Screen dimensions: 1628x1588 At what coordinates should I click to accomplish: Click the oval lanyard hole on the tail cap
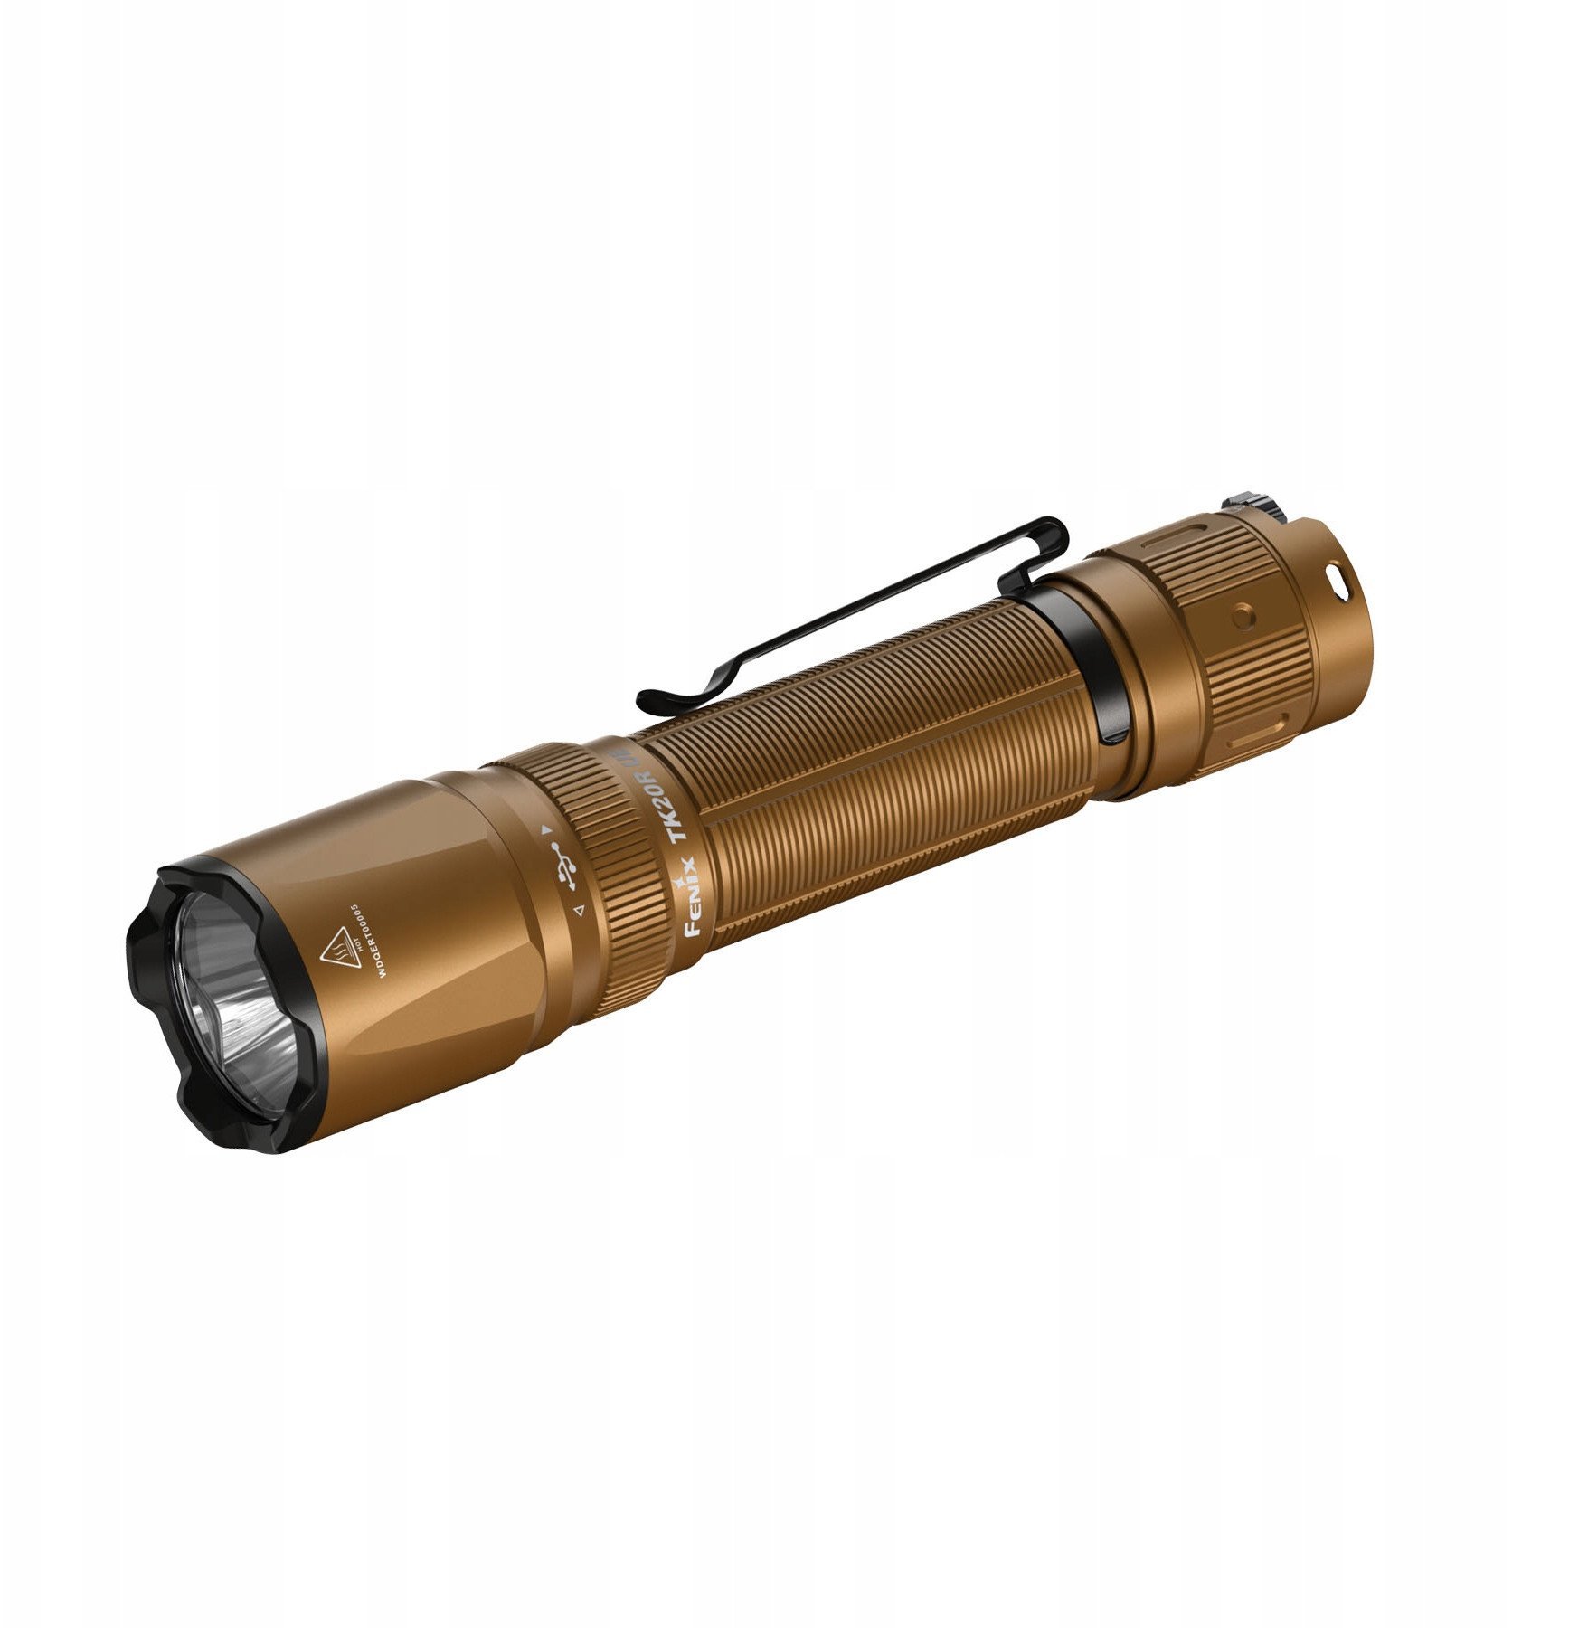coord(1332,574)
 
